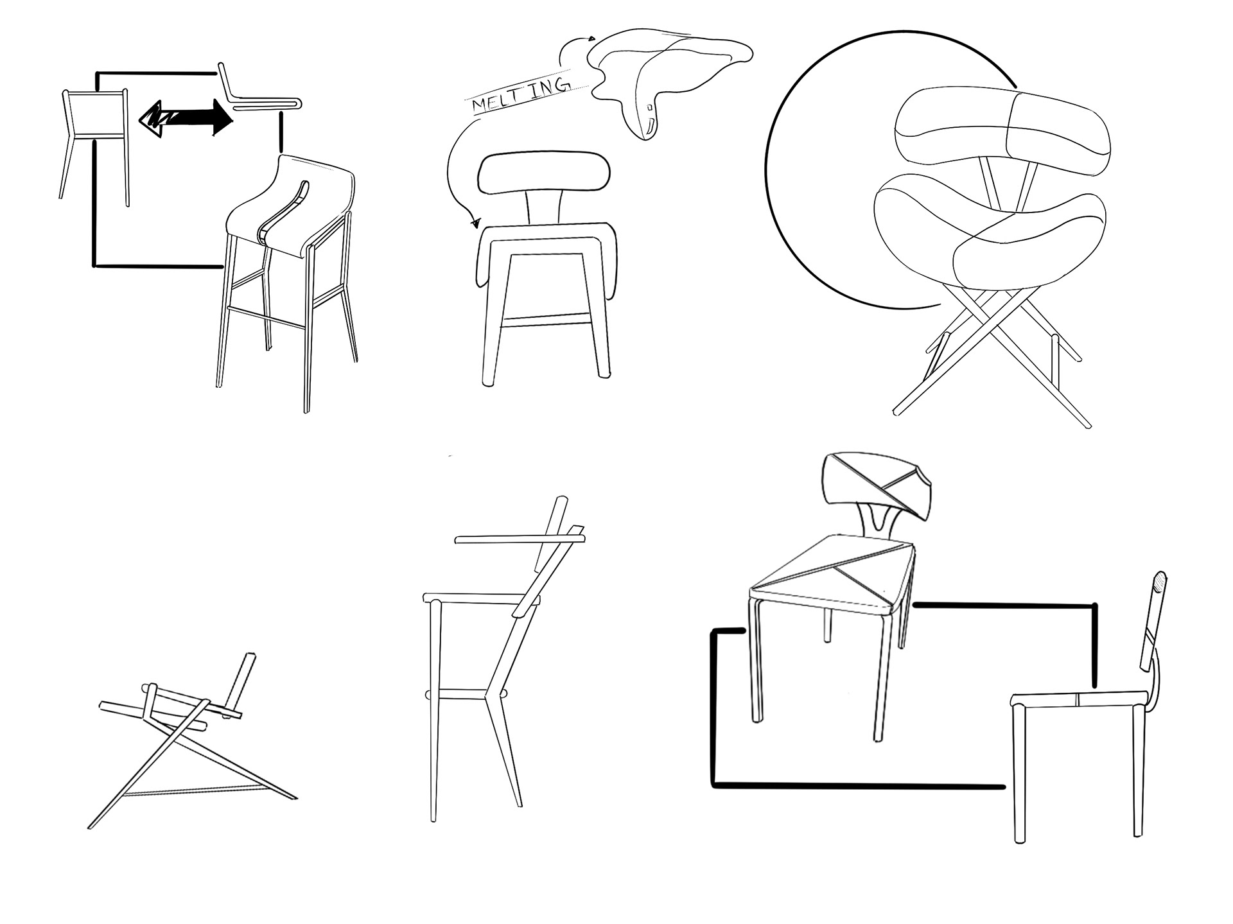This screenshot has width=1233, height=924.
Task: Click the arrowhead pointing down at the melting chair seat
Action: (476, 223)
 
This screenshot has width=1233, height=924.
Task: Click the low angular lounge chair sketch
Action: (193, 738)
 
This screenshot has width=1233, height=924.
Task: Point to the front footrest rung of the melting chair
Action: (546, 318)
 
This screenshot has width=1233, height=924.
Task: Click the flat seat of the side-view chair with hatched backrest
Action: (1080, 699)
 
